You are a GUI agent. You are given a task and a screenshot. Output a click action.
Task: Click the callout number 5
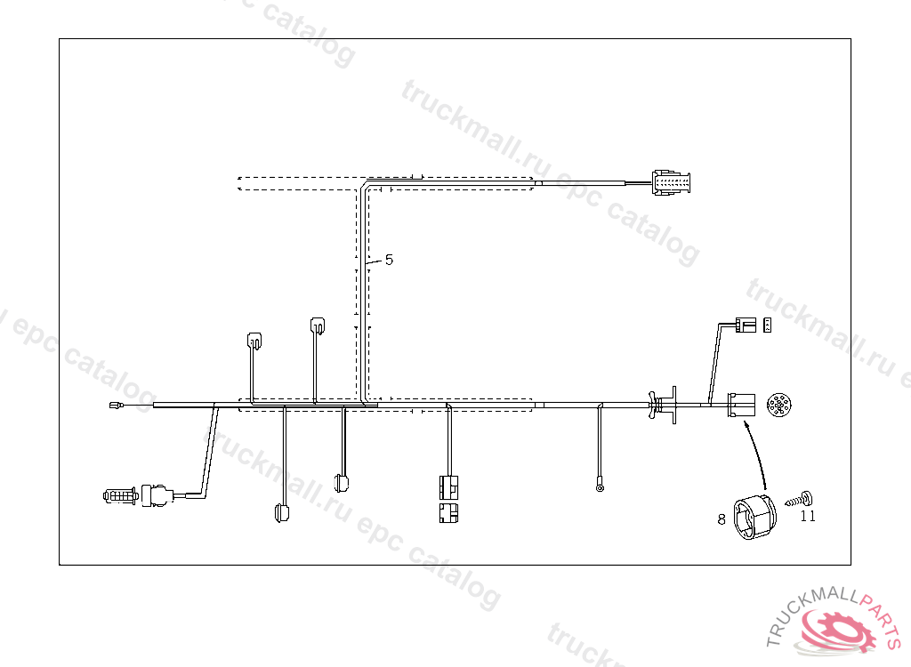click(x=389, y=260)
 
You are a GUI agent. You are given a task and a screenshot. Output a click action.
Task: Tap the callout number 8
click(x=722, y=518)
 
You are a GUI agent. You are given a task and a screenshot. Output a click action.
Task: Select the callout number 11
click(x=808, y=516)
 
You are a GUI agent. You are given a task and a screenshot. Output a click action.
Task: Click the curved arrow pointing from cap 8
click(x=758, y=454)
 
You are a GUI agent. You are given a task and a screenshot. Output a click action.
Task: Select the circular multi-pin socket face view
click(x=778, y=406)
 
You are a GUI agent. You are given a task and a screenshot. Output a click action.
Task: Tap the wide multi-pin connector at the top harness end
click(x=672, y=181)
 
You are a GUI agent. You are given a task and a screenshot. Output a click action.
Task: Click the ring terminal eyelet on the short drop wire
click(x=601, y=486)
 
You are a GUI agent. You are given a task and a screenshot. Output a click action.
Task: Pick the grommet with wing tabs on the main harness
click(x=662, y=405)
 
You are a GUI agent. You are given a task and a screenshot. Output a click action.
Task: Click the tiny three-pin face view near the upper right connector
click(x=767, y=326)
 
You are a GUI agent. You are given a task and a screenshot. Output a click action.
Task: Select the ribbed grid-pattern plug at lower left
click(x=119, y=496)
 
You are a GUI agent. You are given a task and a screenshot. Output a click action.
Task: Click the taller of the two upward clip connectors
click(x=317, y=325)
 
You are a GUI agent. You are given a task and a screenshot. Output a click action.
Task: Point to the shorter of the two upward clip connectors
click(x=254, y=340)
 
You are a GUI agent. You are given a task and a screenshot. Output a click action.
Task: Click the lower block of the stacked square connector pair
click(x=449, y=512)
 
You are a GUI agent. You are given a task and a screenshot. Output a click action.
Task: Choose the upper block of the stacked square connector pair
click(x=449, y=486)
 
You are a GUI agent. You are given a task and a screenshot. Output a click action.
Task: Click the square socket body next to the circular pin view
click(x=741, y=406)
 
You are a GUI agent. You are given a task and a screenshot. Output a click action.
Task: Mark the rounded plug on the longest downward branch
click(x=281, y=513)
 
